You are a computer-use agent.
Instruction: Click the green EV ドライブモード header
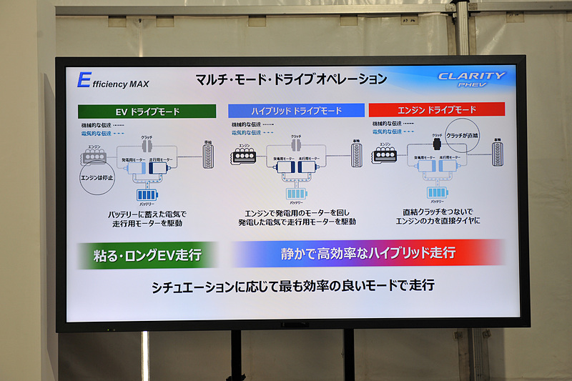(147, 112)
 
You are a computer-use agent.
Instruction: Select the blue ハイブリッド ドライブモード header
(295, 111)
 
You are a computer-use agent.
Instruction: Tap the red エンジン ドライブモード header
(436, 110)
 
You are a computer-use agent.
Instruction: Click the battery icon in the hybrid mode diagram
(297, 193)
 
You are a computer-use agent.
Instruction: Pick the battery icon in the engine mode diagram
(437, 192)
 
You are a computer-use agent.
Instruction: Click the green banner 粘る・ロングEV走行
(147, 254)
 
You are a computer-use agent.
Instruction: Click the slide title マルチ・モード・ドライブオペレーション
(291, 79)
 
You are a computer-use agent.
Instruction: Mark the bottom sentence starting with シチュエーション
(292, 286)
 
